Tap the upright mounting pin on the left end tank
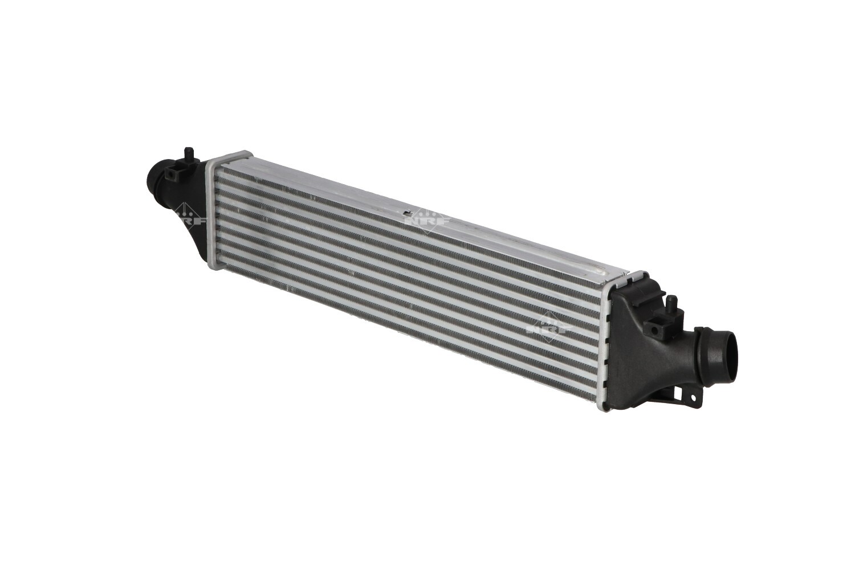click(188, 156)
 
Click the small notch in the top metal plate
click(408, 212)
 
